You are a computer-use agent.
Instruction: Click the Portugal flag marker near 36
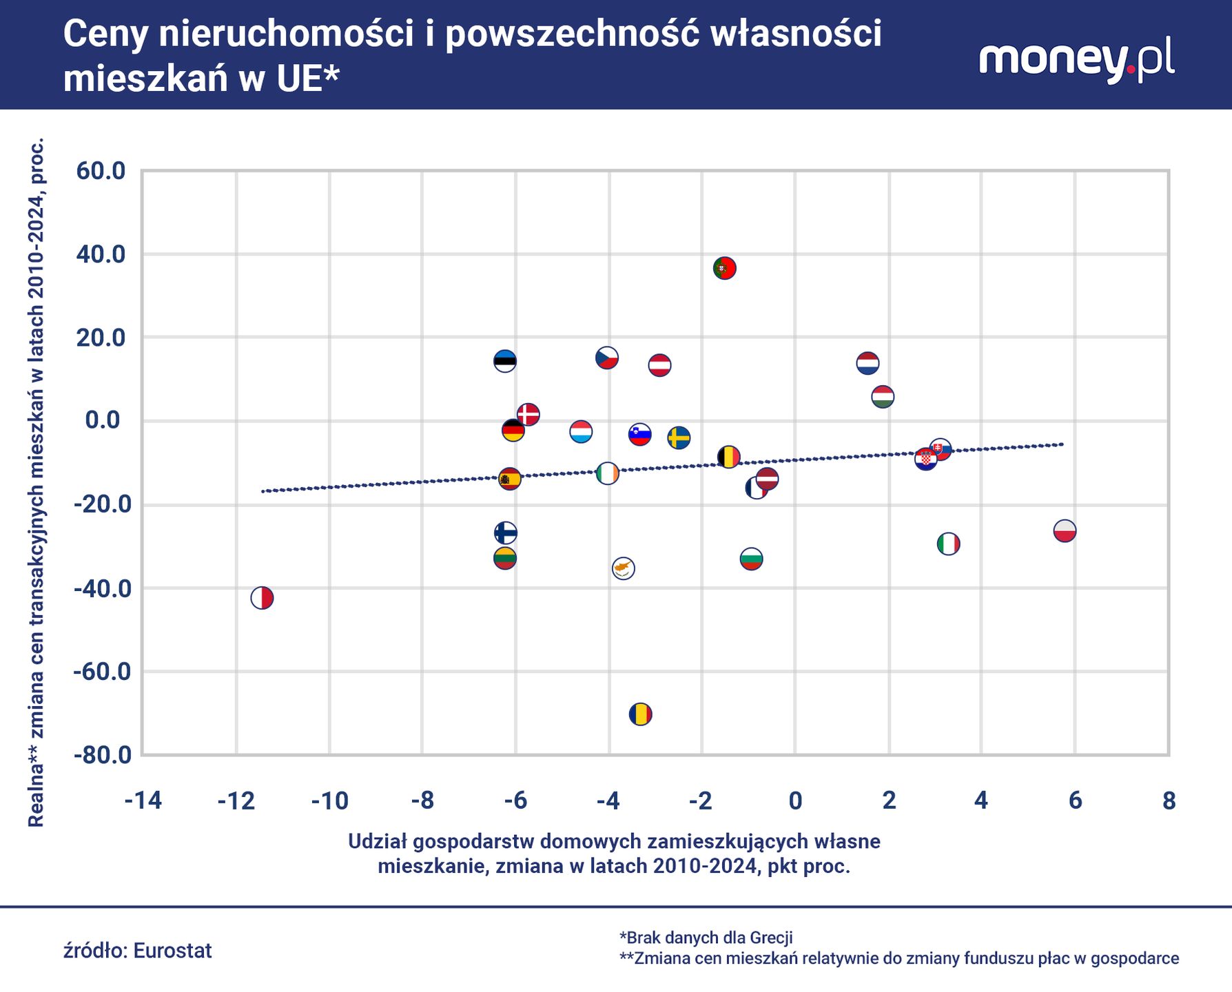tap(724, 268)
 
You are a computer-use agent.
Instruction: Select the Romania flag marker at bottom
tap(640, 714)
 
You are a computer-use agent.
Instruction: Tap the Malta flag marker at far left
tap(262, 598)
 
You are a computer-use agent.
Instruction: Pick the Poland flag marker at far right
tap(1065, 530)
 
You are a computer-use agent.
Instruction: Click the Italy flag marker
tap(948, 544)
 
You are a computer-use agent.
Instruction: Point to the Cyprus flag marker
tap(623, 568)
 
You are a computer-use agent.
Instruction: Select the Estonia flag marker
tap(505, 360)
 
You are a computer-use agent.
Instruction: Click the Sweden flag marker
tap(679, 437)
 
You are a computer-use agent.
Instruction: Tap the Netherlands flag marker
tap(867, 363)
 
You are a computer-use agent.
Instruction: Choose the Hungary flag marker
tap(883, 397)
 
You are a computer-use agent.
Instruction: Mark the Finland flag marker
tap(505, 533)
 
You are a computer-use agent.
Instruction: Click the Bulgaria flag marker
tap(751, 559)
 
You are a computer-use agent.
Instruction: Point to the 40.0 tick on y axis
tap(101, 254)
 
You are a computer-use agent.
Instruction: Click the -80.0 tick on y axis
tap(101, 755)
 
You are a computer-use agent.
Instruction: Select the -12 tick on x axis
tap(236, 800)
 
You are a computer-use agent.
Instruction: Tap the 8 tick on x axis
tap(1169, 800)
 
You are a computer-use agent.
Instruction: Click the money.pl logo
tap(1076, 60)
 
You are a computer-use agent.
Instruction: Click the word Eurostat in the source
tap(172, 951)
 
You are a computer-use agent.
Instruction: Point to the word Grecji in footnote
tap(770, 938)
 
